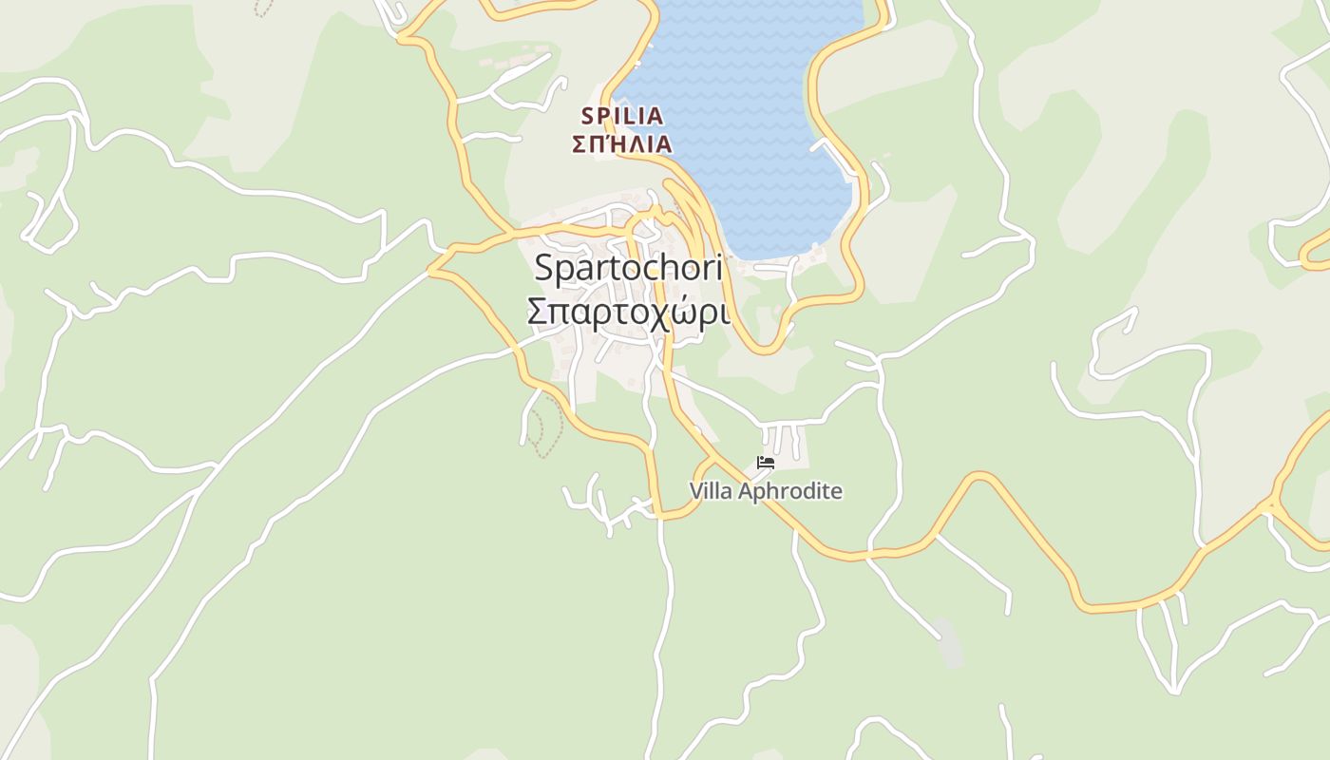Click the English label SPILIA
click(622, 116)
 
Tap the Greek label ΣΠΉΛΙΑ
click(622, 144)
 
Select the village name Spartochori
click(628, 268)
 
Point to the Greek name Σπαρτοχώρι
click(628, 312)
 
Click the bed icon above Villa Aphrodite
click(766, 464)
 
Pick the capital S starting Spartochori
click(543, 268)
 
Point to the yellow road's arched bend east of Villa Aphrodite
click(978, 476)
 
